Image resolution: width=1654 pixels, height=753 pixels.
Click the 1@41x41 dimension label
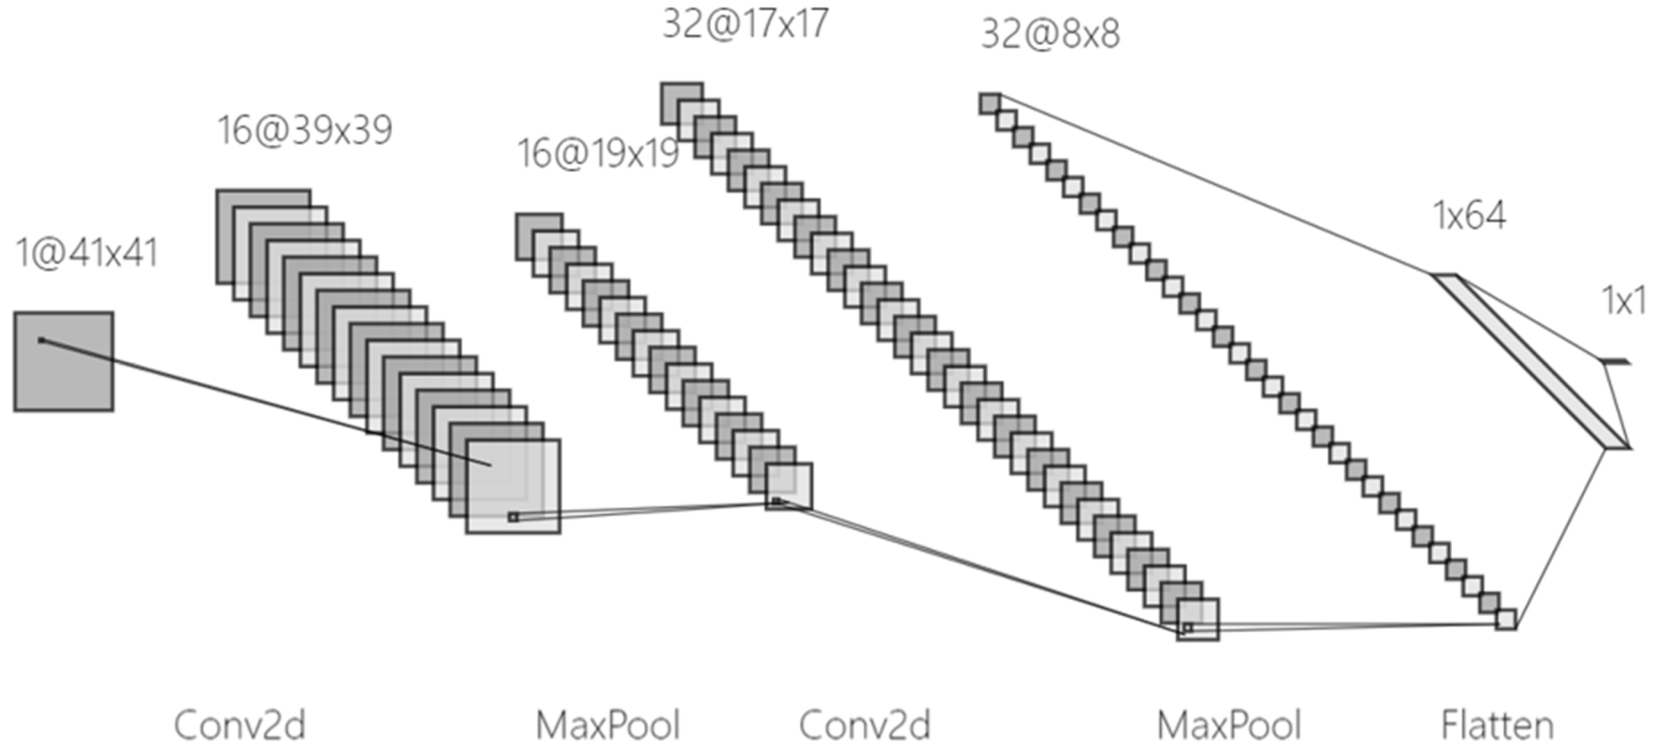87,254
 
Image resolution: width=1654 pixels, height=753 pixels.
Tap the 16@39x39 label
305,130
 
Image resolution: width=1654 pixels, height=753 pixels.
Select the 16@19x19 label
598,153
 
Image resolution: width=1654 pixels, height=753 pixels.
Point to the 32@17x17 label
745,24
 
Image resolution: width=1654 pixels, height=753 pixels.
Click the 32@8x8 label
1051,34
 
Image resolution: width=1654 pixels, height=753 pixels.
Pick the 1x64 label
1469,216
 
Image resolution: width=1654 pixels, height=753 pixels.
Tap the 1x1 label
1624,300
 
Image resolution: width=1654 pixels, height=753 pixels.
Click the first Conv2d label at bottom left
240,725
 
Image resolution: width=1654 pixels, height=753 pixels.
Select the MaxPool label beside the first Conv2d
608,725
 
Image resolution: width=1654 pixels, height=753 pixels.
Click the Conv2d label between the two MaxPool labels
865,725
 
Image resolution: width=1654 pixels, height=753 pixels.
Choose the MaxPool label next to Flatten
1229,725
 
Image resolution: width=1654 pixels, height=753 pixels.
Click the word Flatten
1498,725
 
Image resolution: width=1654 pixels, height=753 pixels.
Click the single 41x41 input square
64,361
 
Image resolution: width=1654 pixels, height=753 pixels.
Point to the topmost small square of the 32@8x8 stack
989,103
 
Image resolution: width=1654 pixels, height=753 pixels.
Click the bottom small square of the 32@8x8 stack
1506,619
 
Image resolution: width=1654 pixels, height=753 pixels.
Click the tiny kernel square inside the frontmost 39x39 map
514,517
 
